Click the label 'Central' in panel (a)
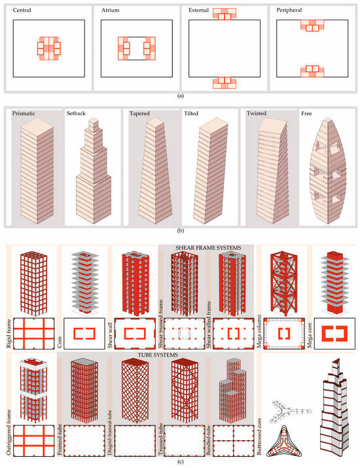pos(22,10)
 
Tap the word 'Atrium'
pos(110,10)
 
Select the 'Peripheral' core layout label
pos(289,10)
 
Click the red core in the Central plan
pos(48,48)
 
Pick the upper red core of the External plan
pos(225,14)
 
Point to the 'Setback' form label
pos(76,113)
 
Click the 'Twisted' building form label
pos(257,113)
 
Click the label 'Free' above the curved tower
pos(306,113)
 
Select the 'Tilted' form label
pos(191,113)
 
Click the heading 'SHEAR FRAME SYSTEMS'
pos(208,247)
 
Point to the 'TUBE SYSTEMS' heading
pos(158,355)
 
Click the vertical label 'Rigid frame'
pos(9,333)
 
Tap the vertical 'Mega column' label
pos(259,331)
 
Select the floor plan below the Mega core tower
pos(334,333)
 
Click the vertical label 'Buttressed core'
pos(259,433)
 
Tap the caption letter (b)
pos(180,230)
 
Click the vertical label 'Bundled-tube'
pos(209,441)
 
